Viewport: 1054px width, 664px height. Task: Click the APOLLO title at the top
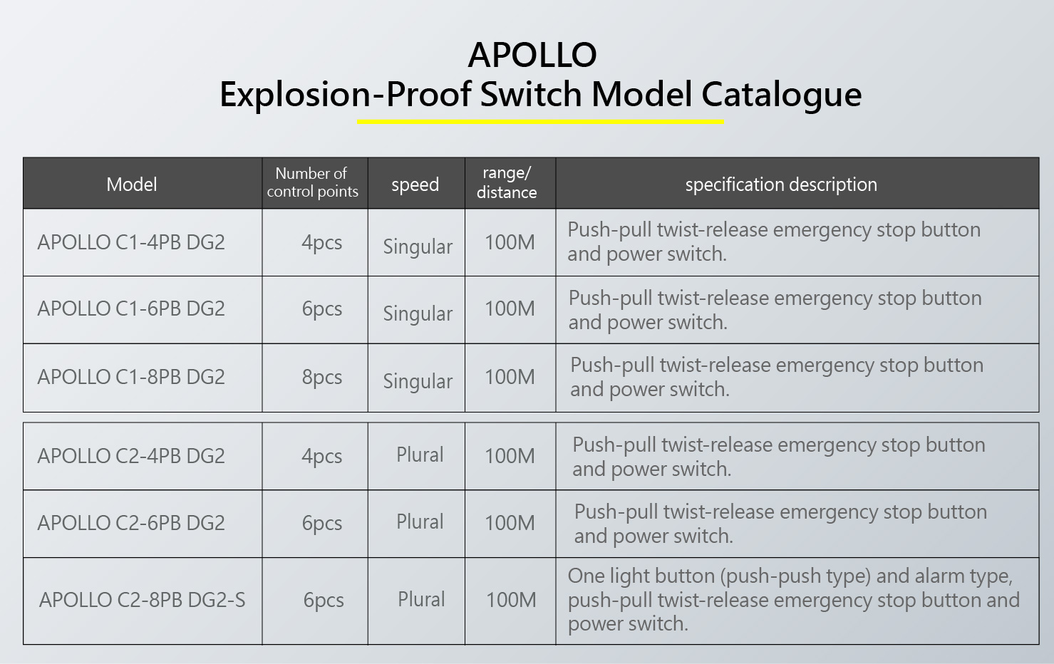pos(532,55)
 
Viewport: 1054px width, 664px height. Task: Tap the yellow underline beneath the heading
pos(541,122)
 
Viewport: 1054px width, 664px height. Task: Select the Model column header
pos(131,185)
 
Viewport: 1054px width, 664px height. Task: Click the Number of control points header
pos(312,182)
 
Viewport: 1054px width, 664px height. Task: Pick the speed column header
pos(415,185)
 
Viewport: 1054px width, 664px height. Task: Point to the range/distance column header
pos(507,182)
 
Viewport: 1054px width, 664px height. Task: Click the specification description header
pos(781,185)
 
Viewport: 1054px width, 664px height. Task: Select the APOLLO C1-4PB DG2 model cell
pos(131,243)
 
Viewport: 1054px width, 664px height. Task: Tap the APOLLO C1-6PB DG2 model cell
pos(131,309)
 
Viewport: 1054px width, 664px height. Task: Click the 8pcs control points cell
pos(322,377)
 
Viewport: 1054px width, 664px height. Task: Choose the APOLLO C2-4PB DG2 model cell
pos(131,456)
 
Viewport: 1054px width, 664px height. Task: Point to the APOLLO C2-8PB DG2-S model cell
pos(142,600)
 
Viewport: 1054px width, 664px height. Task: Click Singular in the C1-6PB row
pos(418,313)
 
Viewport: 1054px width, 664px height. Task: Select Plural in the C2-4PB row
pos(420,455)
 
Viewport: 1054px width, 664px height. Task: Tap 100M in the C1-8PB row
pos(510,377)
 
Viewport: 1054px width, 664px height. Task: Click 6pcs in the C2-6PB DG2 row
pos(322,524)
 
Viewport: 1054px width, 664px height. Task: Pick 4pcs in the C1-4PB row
pos(322,243)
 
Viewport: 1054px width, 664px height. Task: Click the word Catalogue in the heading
pos(782,95)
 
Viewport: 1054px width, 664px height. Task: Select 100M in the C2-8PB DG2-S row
pos(511,600)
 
